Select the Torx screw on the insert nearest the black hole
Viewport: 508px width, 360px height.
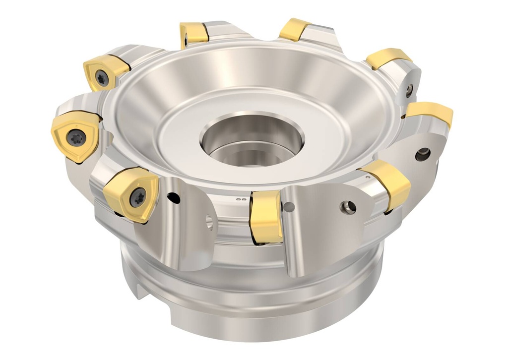pos(136,198)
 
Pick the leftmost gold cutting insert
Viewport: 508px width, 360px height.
pos(74,136)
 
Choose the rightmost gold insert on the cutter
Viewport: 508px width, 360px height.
pos(430,113)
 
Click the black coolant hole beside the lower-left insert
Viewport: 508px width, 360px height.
pos(173,198)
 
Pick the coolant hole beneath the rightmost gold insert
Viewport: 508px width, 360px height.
pos(422,154)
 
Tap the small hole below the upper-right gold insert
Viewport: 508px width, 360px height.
pos(409,90)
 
